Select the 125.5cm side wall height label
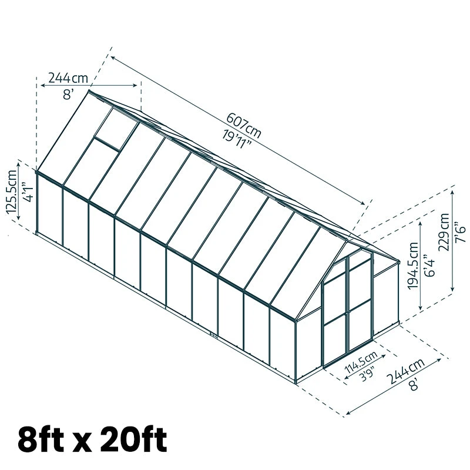[x=12, y=192]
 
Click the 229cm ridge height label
[x=444, y=231]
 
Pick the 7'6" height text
[x=460, y=232]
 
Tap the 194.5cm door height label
[x=413, y=266]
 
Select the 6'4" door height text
[x=429, y=266]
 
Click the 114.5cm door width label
[x=361, y=362]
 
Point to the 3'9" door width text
[x=368, y=374]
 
